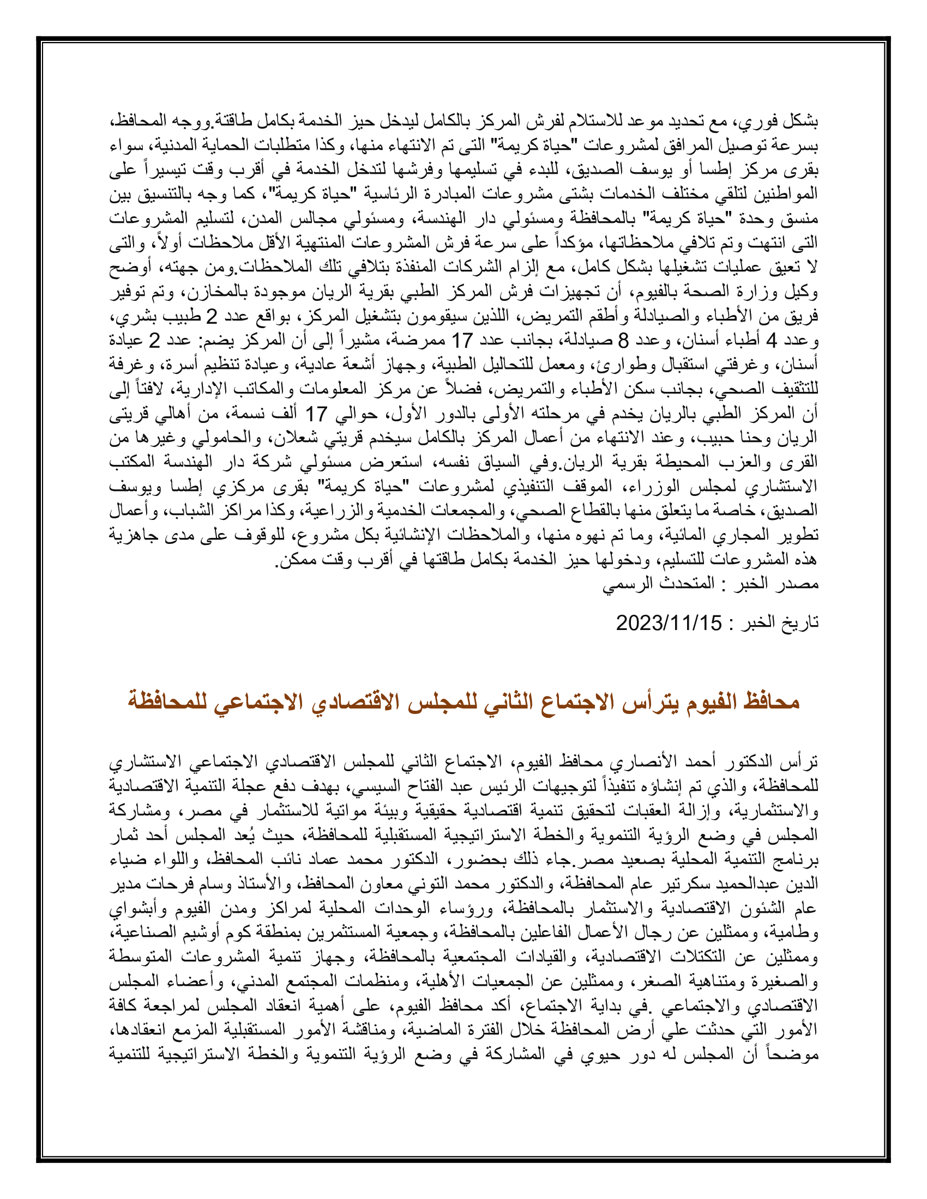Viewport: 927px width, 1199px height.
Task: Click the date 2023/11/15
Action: point(669,623)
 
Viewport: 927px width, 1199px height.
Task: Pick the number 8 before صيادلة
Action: point(623,341)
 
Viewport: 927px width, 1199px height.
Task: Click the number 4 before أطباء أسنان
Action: point(771,341)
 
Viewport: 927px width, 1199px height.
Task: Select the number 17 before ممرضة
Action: point(462,341)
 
